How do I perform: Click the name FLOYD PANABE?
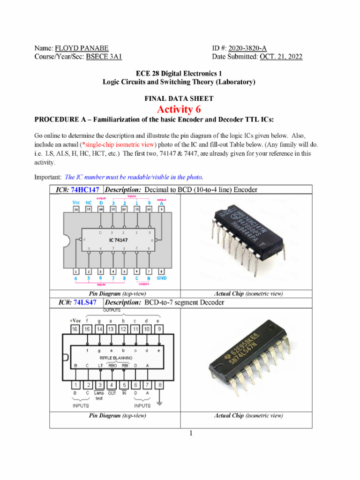[x=81, y=48]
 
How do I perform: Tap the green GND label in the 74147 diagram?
[x=161, y=277]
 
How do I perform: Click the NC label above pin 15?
[x=88, y=203]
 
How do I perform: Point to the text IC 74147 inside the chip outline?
[x=119, y=240]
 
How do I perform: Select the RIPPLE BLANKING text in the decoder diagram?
[x=116, y=358]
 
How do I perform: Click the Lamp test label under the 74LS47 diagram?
[x=99, y=396]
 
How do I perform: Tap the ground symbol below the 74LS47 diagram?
[x=161, y=403]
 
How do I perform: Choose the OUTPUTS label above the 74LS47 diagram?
[x=112, y=311]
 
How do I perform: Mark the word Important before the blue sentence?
[x=47, y=177]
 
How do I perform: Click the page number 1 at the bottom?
[x=191, y=433]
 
